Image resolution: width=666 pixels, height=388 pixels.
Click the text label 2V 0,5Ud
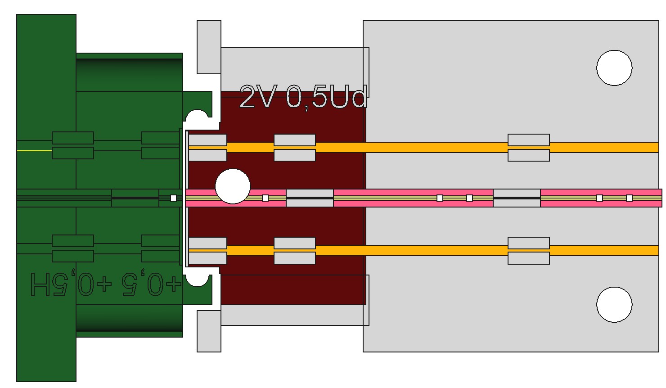303,97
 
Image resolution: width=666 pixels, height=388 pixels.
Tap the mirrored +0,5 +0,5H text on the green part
106,284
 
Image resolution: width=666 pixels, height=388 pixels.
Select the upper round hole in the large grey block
614,68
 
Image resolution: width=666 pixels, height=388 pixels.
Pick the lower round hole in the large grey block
614,305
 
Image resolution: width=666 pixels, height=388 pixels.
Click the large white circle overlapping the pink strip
233,186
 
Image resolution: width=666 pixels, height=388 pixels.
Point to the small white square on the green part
173,198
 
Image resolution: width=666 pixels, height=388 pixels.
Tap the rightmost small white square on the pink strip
629,198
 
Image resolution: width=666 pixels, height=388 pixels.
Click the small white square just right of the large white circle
265,198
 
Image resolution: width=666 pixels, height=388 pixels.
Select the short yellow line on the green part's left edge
34,151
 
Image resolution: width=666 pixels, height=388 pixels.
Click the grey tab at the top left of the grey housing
209,47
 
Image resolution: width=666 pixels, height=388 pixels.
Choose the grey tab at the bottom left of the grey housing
209,331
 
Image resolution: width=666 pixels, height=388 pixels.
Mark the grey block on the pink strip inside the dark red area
310,198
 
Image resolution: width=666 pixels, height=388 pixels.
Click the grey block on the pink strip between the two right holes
517,198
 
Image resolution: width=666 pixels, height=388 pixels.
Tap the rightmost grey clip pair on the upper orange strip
529,147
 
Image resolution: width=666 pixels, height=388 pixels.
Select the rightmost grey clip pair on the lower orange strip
529,250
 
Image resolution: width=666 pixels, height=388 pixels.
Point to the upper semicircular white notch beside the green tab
197,117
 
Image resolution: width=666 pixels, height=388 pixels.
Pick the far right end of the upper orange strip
654,147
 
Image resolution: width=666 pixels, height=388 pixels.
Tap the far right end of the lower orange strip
654,250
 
